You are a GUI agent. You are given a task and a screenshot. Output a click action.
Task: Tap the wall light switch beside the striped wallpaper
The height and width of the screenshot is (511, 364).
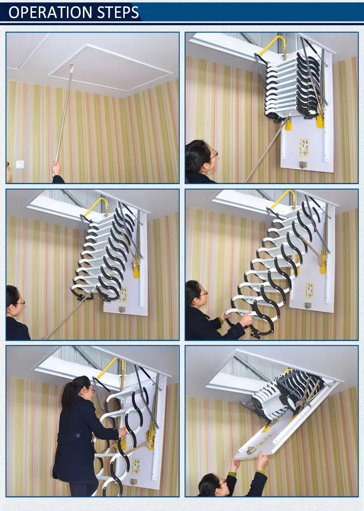point(20,164)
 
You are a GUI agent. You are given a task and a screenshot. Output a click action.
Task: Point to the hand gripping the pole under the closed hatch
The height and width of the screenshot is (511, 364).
point(57,168)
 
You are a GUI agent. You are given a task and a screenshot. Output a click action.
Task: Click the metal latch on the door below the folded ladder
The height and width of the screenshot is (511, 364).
point(303,165)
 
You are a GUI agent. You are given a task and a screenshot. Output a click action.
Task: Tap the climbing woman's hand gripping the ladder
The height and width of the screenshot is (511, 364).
point(122,432)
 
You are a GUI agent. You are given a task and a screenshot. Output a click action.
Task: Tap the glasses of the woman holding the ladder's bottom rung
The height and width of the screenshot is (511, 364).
point(205,293)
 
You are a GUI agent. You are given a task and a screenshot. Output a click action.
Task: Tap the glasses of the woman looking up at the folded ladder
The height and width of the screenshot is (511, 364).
point(214,154)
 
